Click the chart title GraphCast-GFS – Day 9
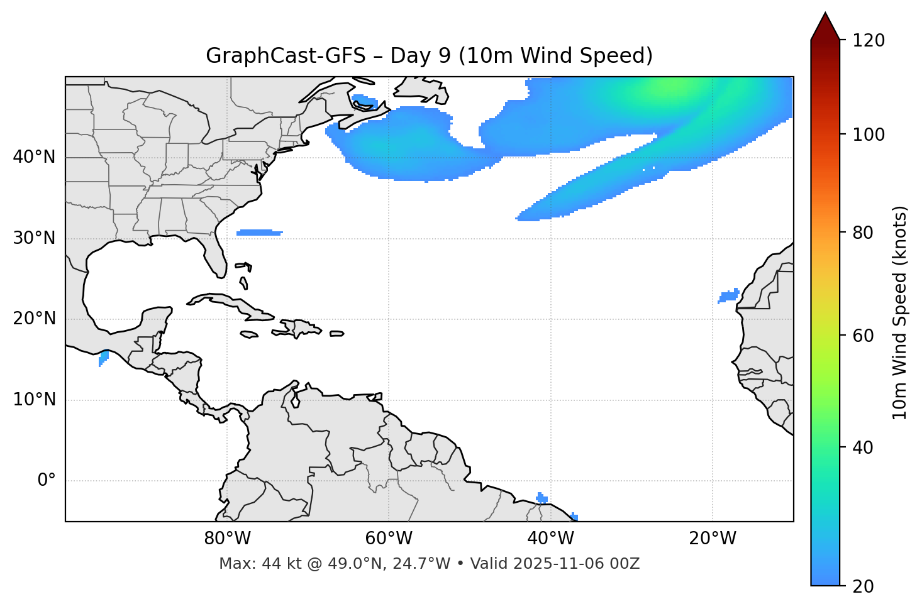coord(429,56)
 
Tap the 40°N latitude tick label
coord(34,157)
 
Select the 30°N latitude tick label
coord(34,238)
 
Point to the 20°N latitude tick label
coord(34,319)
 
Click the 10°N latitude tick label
coord(34,400)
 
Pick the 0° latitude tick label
coord(46,481)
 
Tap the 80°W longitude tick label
coord(227,539)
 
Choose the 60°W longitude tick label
coord(389,539)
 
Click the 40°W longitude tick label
coord(550,539)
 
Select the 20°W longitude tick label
coord(712,539)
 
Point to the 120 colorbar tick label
coord(869,41)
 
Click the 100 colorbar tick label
coord(869,134)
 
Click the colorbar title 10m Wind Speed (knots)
coord(900,312)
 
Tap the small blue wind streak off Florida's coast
coord(259,233)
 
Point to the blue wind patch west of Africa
coord(729,296)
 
